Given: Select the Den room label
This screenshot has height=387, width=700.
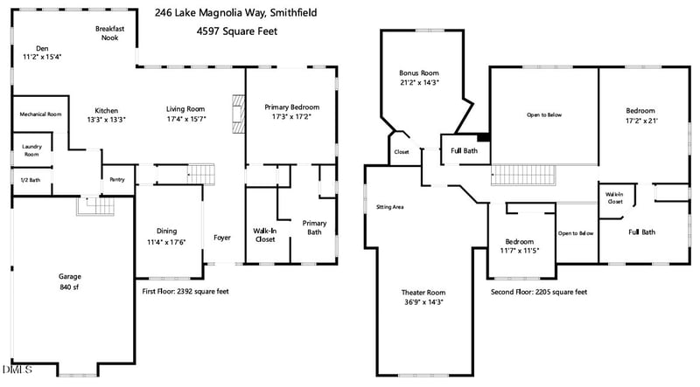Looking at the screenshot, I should (x=41, y=48).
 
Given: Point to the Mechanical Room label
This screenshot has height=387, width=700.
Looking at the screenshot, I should (x=40, y=114).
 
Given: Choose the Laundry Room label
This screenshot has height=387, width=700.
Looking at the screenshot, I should (x=31, y=150).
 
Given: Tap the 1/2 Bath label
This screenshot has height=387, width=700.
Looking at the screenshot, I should (x=30, y=180).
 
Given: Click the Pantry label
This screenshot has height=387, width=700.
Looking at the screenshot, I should (x=117, y=180).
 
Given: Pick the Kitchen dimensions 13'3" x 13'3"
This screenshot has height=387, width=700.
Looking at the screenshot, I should (x=106, y=121).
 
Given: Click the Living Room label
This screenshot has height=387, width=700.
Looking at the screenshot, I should (x=185, y=109).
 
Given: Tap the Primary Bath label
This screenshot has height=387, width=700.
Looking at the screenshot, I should (x=314, y=228).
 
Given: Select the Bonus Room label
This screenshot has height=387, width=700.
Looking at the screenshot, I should (x=419, y=73).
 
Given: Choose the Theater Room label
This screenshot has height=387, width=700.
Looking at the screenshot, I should (x=423, y=292).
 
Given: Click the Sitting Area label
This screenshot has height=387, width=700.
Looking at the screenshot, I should (x=388, y=207).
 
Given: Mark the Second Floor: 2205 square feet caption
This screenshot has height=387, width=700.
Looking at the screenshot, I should (x=538, y=292).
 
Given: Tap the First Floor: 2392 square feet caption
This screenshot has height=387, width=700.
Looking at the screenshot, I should (x=185, y=292).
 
